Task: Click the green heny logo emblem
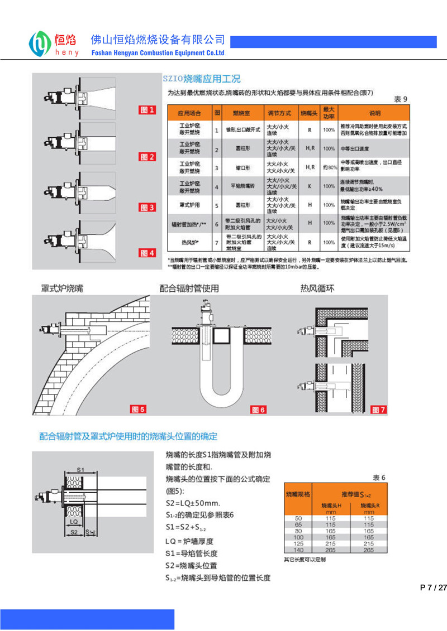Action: tap(40, 44)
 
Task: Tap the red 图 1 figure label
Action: tap(146, 110)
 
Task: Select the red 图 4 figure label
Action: tap(146, 253)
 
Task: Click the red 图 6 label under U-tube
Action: tap(258, 410)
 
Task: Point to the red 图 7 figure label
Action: tap(379, 410)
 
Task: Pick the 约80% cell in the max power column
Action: tap(329, 167)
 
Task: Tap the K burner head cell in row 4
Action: tap(309, 186)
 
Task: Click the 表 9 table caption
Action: tap(401, 99)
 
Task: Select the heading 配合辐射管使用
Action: tap(189, 288)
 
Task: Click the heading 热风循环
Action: tap(317, 288)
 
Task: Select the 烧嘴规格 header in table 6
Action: tap(298, 494)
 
